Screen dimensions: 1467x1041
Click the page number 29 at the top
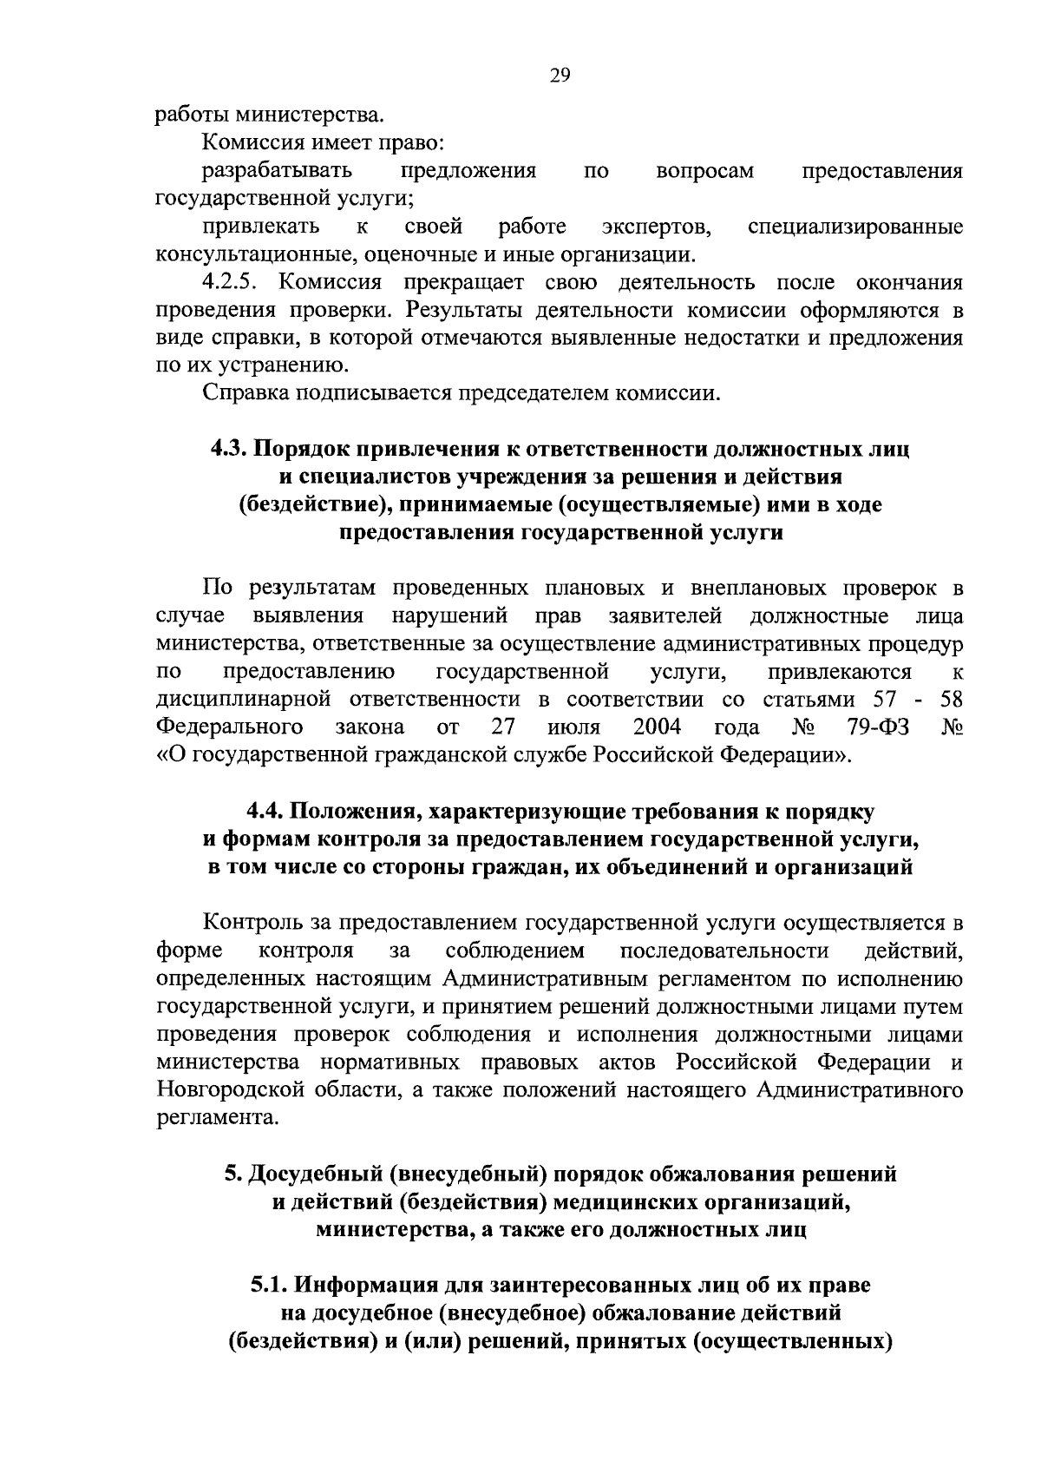[559, 76]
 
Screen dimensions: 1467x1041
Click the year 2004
[657, 727]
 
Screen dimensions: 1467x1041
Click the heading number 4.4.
[265, 812]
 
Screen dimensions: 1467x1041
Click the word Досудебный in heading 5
[314, 1174]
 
